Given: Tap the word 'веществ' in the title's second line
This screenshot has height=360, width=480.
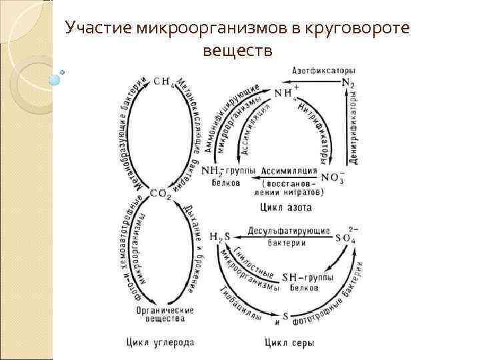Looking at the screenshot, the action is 238,51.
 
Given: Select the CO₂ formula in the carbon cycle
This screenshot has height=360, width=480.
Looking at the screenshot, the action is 161,194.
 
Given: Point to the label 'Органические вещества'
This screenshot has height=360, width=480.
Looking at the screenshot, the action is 164,315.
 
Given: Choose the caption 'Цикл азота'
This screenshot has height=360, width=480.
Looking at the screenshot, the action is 290,207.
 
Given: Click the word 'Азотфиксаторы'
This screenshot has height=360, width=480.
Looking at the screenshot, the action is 323,71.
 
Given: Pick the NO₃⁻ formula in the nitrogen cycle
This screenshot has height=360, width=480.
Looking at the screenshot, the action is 333,177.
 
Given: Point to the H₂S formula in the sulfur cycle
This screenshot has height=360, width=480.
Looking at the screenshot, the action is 218,237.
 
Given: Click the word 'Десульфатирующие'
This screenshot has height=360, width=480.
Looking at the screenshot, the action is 289,231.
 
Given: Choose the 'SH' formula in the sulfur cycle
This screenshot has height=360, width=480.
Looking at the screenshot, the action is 289,277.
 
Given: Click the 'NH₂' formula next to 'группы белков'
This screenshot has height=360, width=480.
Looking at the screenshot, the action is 219,171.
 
